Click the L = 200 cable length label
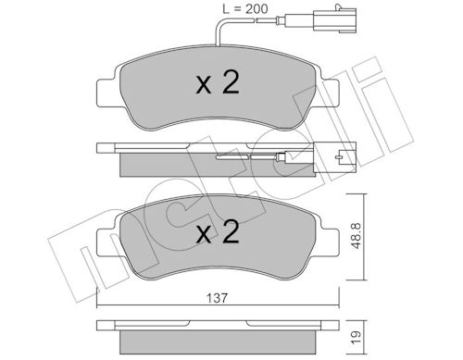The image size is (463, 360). pos(245,9)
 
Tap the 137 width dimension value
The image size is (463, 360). pos(217,298)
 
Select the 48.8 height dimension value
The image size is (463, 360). pos(356,236)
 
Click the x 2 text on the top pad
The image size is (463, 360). pos(218,82)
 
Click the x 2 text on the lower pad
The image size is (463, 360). pos(218,231)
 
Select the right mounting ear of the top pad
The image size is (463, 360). pos(329,93)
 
